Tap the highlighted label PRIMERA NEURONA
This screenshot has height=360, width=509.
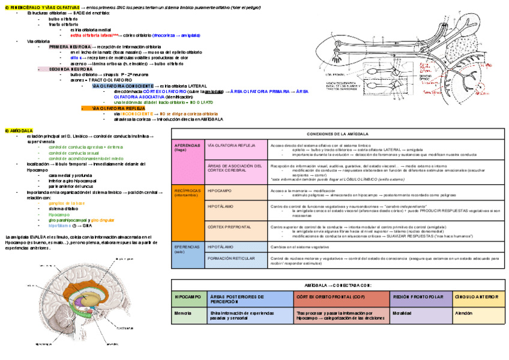coord(71,46)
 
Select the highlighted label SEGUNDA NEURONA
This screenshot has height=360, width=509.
coord(70,69)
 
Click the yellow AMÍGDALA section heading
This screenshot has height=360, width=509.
coord(19,130)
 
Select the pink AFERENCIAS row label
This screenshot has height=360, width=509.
coord(188,148)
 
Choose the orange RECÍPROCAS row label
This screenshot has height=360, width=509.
coord(188,193)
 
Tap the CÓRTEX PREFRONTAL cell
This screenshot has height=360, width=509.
coord(229,227)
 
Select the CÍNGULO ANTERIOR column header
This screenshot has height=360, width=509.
coord(477,297)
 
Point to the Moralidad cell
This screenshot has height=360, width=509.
coord(403,313)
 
